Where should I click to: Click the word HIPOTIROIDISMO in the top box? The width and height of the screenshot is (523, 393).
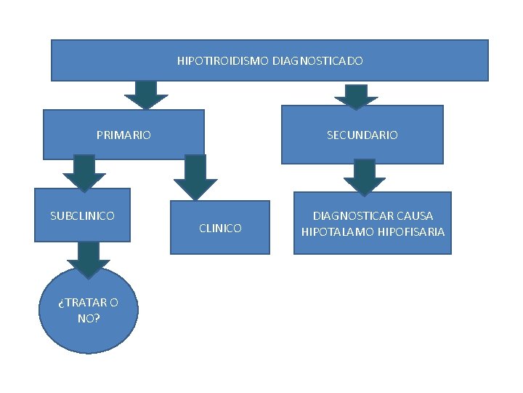point(223,61)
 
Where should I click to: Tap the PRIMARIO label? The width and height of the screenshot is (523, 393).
point(123,135)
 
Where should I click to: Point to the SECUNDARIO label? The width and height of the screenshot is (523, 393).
point(362,135)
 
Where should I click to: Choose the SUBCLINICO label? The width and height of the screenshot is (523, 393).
point(82,215)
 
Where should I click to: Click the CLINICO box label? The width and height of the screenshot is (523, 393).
point(220,229)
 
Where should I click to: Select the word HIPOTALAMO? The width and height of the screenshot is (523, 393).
point(336,232)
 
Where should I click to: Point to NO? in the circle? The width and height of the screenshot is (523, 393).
point(89,318)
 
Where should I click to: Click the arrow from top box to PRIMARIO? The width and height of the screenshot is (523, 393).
point(146,95)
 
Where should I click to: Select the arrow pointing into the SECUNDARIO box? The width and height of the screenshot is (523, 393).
point(355,96)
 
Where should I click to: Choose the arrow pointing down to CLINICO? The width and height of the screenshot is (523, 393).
point(195,178)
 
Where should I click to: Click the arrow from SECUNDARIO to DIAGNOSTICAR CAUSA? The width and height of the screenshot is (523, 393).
point(365,178)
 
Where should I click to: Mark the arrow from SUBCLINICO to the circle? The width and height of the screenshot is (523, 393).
point(89,259)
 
